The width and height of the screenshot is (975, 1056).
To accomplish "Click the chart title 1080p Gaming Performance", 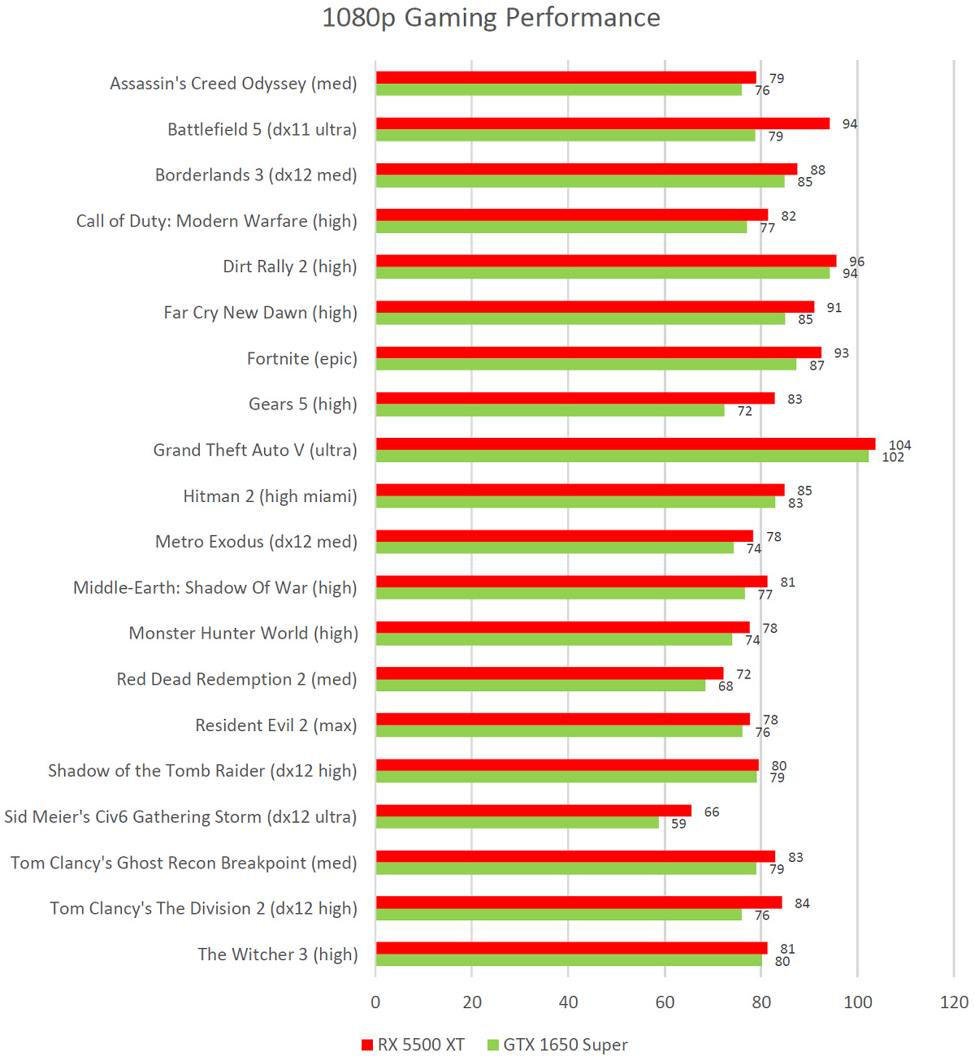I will [491, 18].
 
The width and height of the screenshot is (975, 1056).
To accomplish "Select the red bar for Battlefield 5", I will [602, 123].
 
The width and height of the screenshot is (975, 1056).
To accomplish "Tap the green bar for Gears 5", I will [550, 411].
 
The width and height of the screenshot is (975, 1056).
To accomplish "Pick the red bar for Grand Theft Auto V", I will [626, 444].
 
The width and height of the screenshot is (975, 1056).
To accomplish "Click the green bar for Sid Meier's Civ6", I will [518, 823].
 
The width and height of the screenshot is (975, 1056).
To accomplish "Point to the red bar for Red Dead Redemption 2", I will [549, 673].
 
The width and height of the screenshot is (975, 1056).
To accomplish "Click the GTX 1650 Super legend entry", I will [557, 1045].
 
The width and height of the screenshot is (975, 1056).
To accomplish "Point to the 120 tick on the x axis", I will [954, 1002].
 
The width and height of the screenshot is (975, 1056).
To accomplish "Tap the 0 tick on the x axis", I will [375, 1002].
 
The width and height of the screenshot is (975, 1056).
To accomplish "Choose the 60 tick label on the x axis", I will [665, 1002].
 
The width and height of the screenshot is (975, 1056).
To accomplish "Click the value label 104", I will [899, 445].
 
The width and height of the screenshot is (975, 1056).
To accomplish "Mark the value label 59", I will [678, 824].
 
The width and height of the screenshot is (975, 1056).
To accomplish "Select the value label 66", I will [712, 812].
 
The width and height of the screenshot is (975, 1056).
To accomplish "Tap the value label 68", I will [726, 686].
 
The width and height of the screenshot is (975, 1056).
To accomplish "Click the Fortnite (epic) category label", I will [301, 359].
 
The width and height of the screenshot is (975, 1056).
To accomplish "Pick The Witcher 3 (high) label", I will [277, 954].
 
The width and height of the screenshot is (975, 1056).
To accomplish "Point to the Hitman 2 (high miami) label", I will [270, 496].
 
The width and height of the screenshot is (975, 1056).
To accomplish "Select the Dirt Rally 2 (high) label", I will [289, 267].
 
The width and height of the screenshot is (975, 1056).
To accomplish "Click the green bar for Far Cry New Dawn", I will [580, 319].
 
